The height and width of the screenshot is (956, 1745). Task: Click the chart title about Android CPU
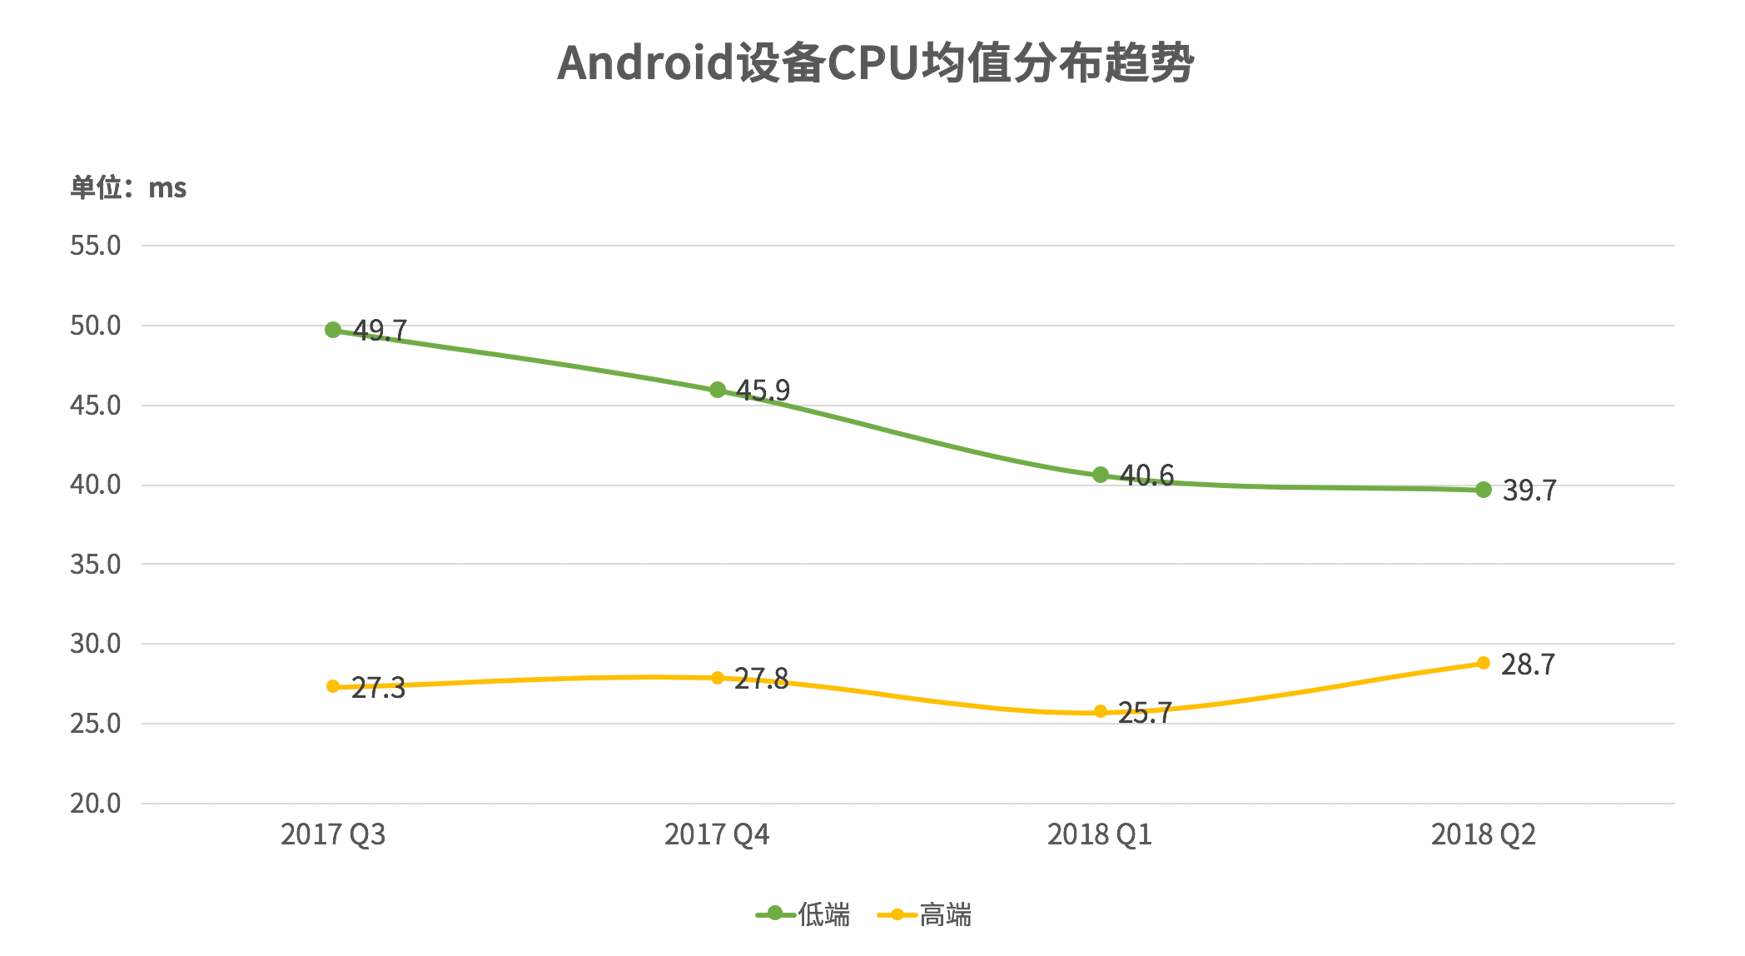875,63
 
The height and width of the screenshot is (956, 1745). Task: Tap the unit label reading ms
128,188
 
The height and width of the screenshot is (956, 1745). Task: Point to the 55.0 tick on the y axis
96,246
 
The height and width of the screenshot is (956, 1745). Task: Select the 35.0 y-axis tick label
96,565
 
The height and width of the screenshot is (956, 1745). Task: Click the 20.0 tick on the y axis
96,804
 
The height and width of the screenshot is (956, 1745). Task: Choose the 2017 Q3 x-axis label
333,834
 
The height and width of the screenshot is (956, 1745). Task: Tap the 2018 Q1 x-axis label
1100,834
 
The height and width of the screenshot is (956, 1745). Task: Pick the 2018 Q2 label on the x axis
1483,834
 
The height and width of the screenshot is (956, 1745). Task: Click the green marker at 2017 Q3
333,330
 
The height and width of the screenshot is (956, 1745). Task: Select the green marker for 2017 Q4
717,390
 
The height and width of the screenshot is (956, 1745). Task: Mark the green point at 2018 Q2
1483,490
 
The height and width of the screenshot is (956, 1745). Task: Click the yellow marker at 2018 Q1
1100,712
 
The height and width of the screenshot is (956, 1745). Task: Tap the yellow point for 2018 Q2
1483,663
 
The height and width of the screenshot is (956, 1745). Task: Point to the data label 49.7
380,331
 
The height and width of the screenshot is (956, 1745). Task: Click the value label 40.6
1146,476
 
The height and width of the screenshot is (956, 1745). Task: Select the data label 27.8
761,680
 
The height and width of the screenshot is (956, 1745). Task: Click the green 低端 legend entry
803,915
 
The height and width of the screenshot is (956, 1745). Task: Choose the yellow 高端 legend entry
925,915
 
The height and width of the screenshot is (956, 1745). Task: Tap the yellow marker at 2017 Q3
333,686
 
